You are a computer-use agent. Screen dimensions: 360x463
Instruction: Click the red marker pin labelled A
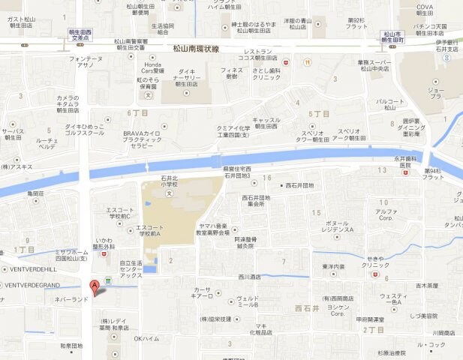point(93,286)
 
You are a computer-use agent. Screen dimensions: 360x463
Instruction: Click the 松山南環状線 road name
point(195,49)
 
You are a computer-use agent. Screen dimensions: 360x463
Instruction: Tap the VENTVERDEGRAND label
point(34,286)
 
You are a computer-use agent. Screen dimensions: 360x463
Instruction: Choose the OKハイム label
point(147,338)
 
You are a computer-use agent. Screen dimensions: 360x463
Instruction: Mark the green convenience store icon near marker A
point(109,280)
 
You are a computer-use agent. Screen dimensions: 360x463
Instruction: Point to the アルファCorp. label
point(386,215)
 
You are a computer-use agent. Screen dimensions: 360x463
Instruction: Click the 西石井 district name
point(308,307)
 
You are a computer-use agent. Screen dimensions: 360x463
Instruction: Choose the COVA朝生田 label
point(425,10)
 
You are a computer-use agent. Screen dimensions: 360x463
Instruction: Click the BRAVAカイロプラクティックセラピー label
point(143,139)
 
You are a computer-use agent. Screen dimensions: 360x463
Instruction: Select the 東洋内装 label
point(334,266)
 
